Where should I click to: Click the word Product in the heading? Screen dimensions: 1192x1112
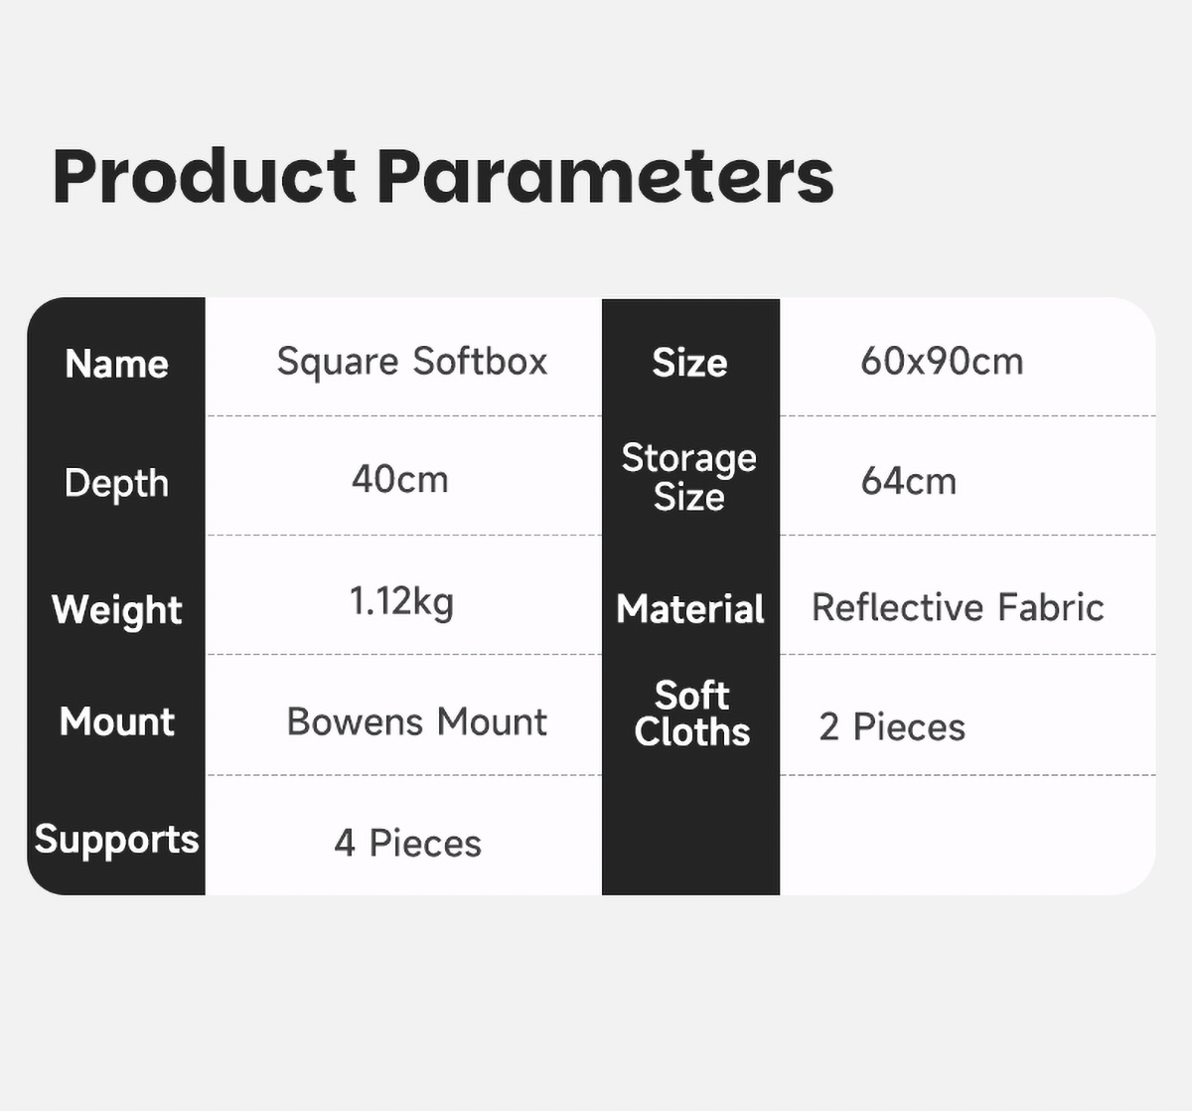point(204,176)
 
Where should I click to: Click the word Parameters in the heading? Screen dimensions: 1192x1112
point(605,176)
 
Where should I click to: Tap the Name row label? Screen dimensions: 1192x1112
point(116,364)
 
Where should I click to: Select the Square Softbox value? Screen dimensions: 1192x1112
point(412,362)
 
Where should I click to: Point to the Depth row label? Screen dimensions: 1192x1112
point(116,484)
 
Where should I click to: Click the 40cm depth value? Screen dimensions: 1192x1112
point(399,480)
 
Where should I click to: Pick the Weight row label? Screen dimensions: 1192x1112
point(116,610)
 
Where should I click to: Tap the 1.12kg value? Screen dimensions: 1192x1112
point(401,602)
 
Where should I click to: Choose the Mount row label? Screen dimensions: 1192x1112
point(116,720)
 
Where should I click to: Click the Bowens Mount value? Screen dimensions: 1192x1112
point(416,720)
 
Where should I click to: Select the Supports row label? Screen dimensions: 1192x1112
point(116,841)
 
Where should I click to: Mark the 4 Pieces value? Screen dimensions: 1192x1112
point(407,843)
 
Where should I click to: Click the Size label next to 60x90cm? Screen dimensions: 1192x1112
point(689,363)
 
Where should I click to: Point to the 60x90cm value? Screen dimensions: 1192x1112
point(942,362)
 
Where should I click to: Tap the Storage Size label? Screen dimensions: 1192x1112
point(689,478)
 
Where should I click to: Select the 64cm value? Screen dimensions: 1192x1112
point(908,481)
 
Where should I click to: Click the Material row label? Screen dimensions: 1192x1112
point(690,609)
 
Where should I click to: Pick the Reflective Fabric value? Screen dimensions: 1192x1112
point(958,607)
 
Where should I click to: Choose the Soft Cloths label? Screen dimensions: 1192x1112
point(692,714)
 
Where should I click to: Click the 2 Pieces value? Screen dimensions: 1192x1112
point(892,726)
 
